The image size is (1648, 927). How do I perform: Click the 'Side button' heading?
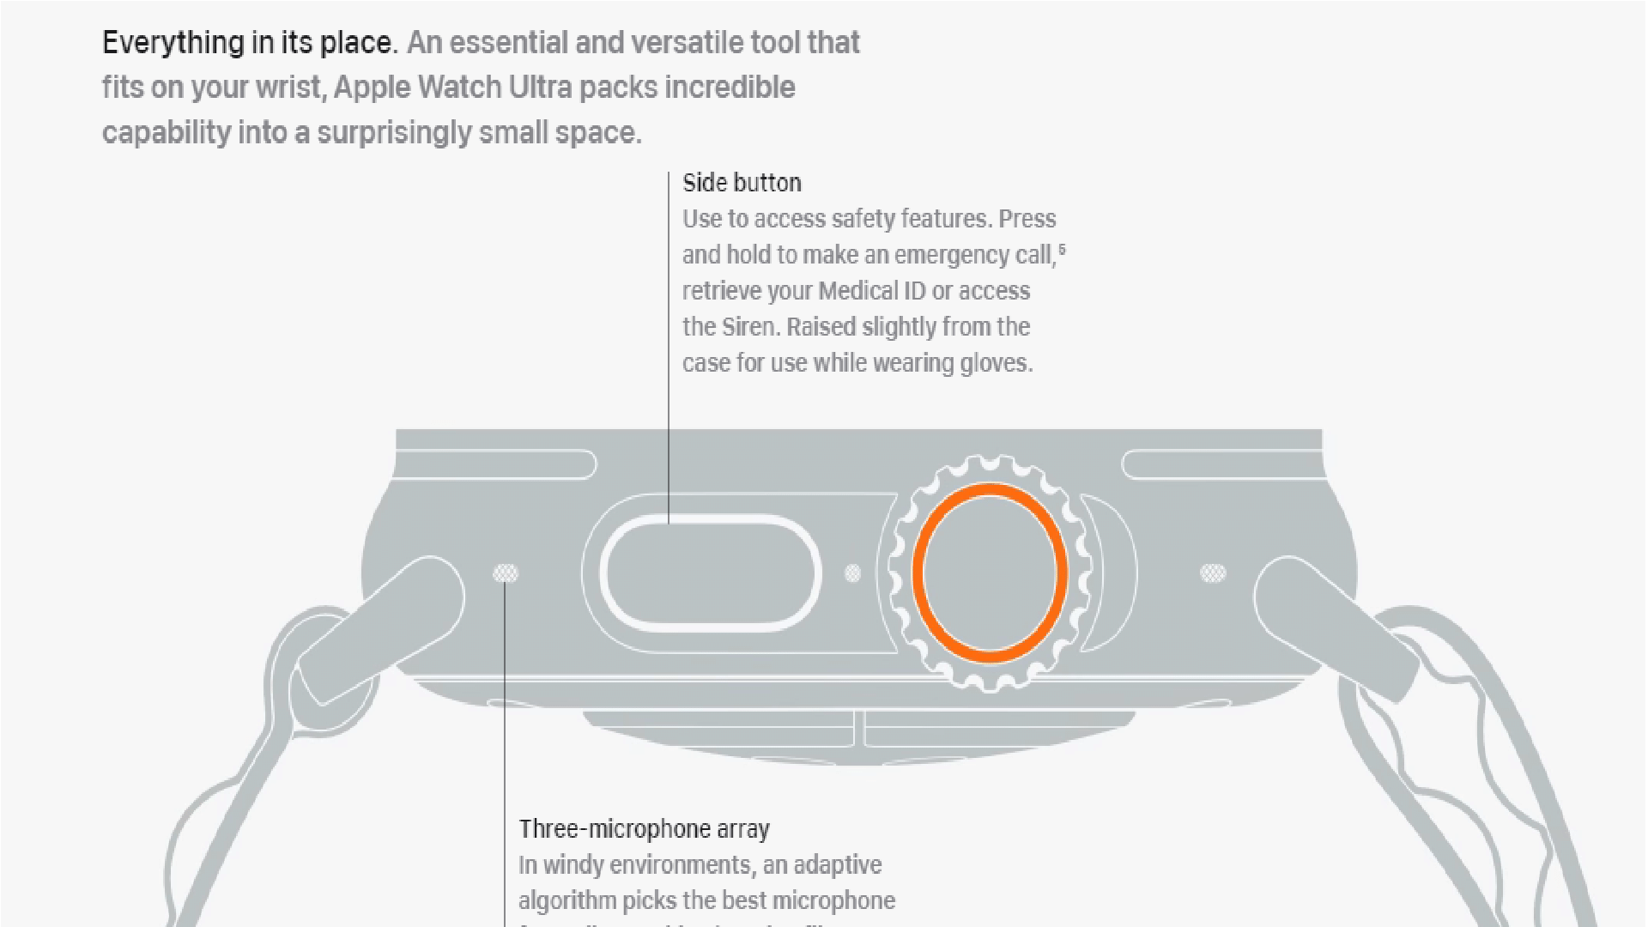pyautogui.click(x=742, y=183)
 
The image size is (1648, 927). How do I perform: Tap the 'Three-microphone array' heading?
pyautogui.click(x=644, y=829)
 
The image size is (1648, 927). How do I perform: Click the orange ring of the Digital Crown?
pyautogui.click(x=990, y=490)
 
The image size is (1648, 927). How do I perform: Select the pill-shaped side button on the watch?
pyautogui.click(x=710, y=573)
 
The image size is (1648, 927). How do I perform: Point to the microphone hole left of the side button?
pyautogui.click(x=506, y=573)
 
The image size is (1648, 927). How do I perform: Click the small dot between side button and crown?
pyautogui.click(x=852, y=573)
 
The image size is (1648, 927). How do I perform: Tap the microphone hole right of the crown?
pyautogui.click(x=1212, y=573)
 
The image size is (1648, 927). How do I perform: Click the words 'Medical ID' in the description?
pyautogui.click(x=872, y=291)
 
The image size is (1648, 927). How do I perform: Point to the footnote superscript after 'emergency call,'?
pyautogui.click(x=1062, y=250)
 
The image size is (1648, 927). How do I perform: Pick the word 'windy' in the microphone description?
pyautogui.click(x=573, y=865)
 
